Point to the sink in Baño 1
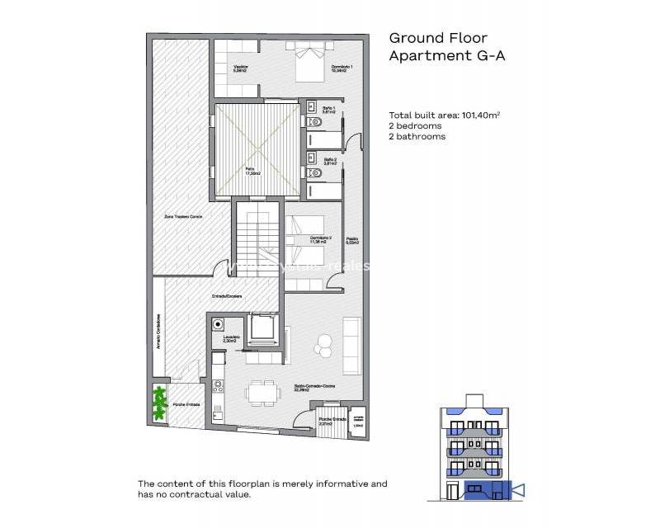point(311,106)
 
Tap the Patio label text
point(250,171)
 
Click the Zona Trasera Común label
point(183,215)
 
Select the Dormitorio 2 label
point(320,239)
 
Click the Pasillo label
point(352,240)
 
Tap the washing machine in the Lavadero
point(219,324)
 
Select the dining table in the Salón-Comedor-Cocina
point(262,390)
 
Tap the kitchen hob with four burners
point(218,385)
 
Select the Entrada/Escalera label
point(219,297)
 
